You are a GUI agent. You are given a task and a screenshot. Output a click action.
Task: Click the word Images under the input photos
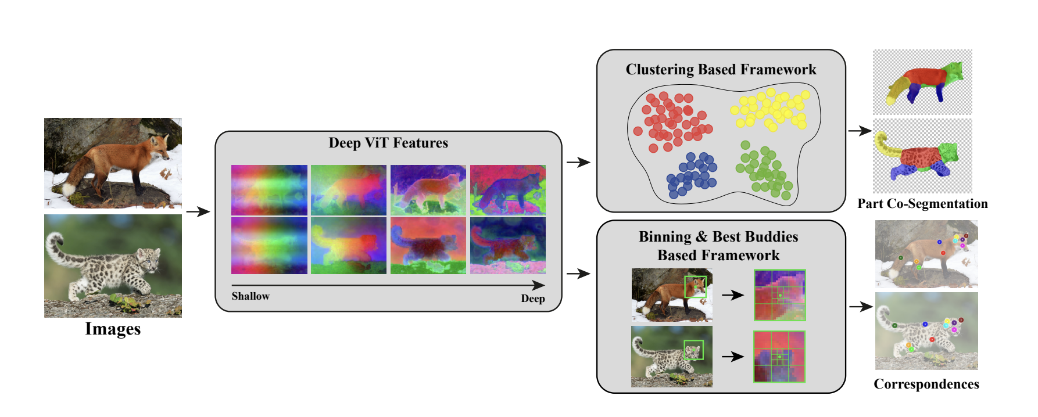pyautogui.click(x=113, y=329)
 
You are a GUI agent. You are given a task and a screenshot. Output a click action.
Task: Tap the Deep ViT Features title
pyautogui.click(x=388, y=143)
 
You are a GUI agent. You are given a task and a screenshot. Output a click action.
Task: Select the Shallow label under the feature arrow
pyautogui.click(x=250, y=296)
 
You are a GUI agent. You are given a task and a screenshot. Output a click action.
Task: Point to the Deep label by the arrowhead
pyautogui.click(x=533, y=299)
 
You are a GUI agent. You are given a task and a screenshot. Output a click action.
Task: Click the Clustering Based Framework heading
pyautogui.click(x=721, y=70)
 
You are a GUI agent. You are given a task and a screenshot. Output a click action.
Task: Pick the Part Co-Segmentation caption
pyautogui.click(x=922, y=204)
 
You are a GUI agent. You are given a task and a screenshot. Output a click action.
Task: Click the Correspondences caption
pyautogui.click(x=926, y=384)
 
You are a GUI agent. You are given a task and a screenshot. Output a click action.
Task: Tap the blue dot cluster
pyautogui.click(x=692, y=175)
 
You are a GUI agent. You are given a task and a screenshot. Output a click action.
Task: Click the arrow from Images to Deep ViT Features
pyautogui.click(x=198, y=212)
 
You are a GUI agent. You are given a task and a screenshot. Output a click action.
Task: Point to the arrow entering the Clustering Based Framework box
pyautogui.click(x=578, y=163)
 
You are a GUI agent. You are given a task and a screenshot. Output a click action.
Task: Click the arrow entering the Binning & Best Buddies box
pyautogui.click(x=578, y=274)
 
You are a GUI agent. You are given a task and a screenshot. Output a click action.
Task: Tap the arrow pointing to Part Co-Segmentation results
pyautogui.click(x=860, y=131)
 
